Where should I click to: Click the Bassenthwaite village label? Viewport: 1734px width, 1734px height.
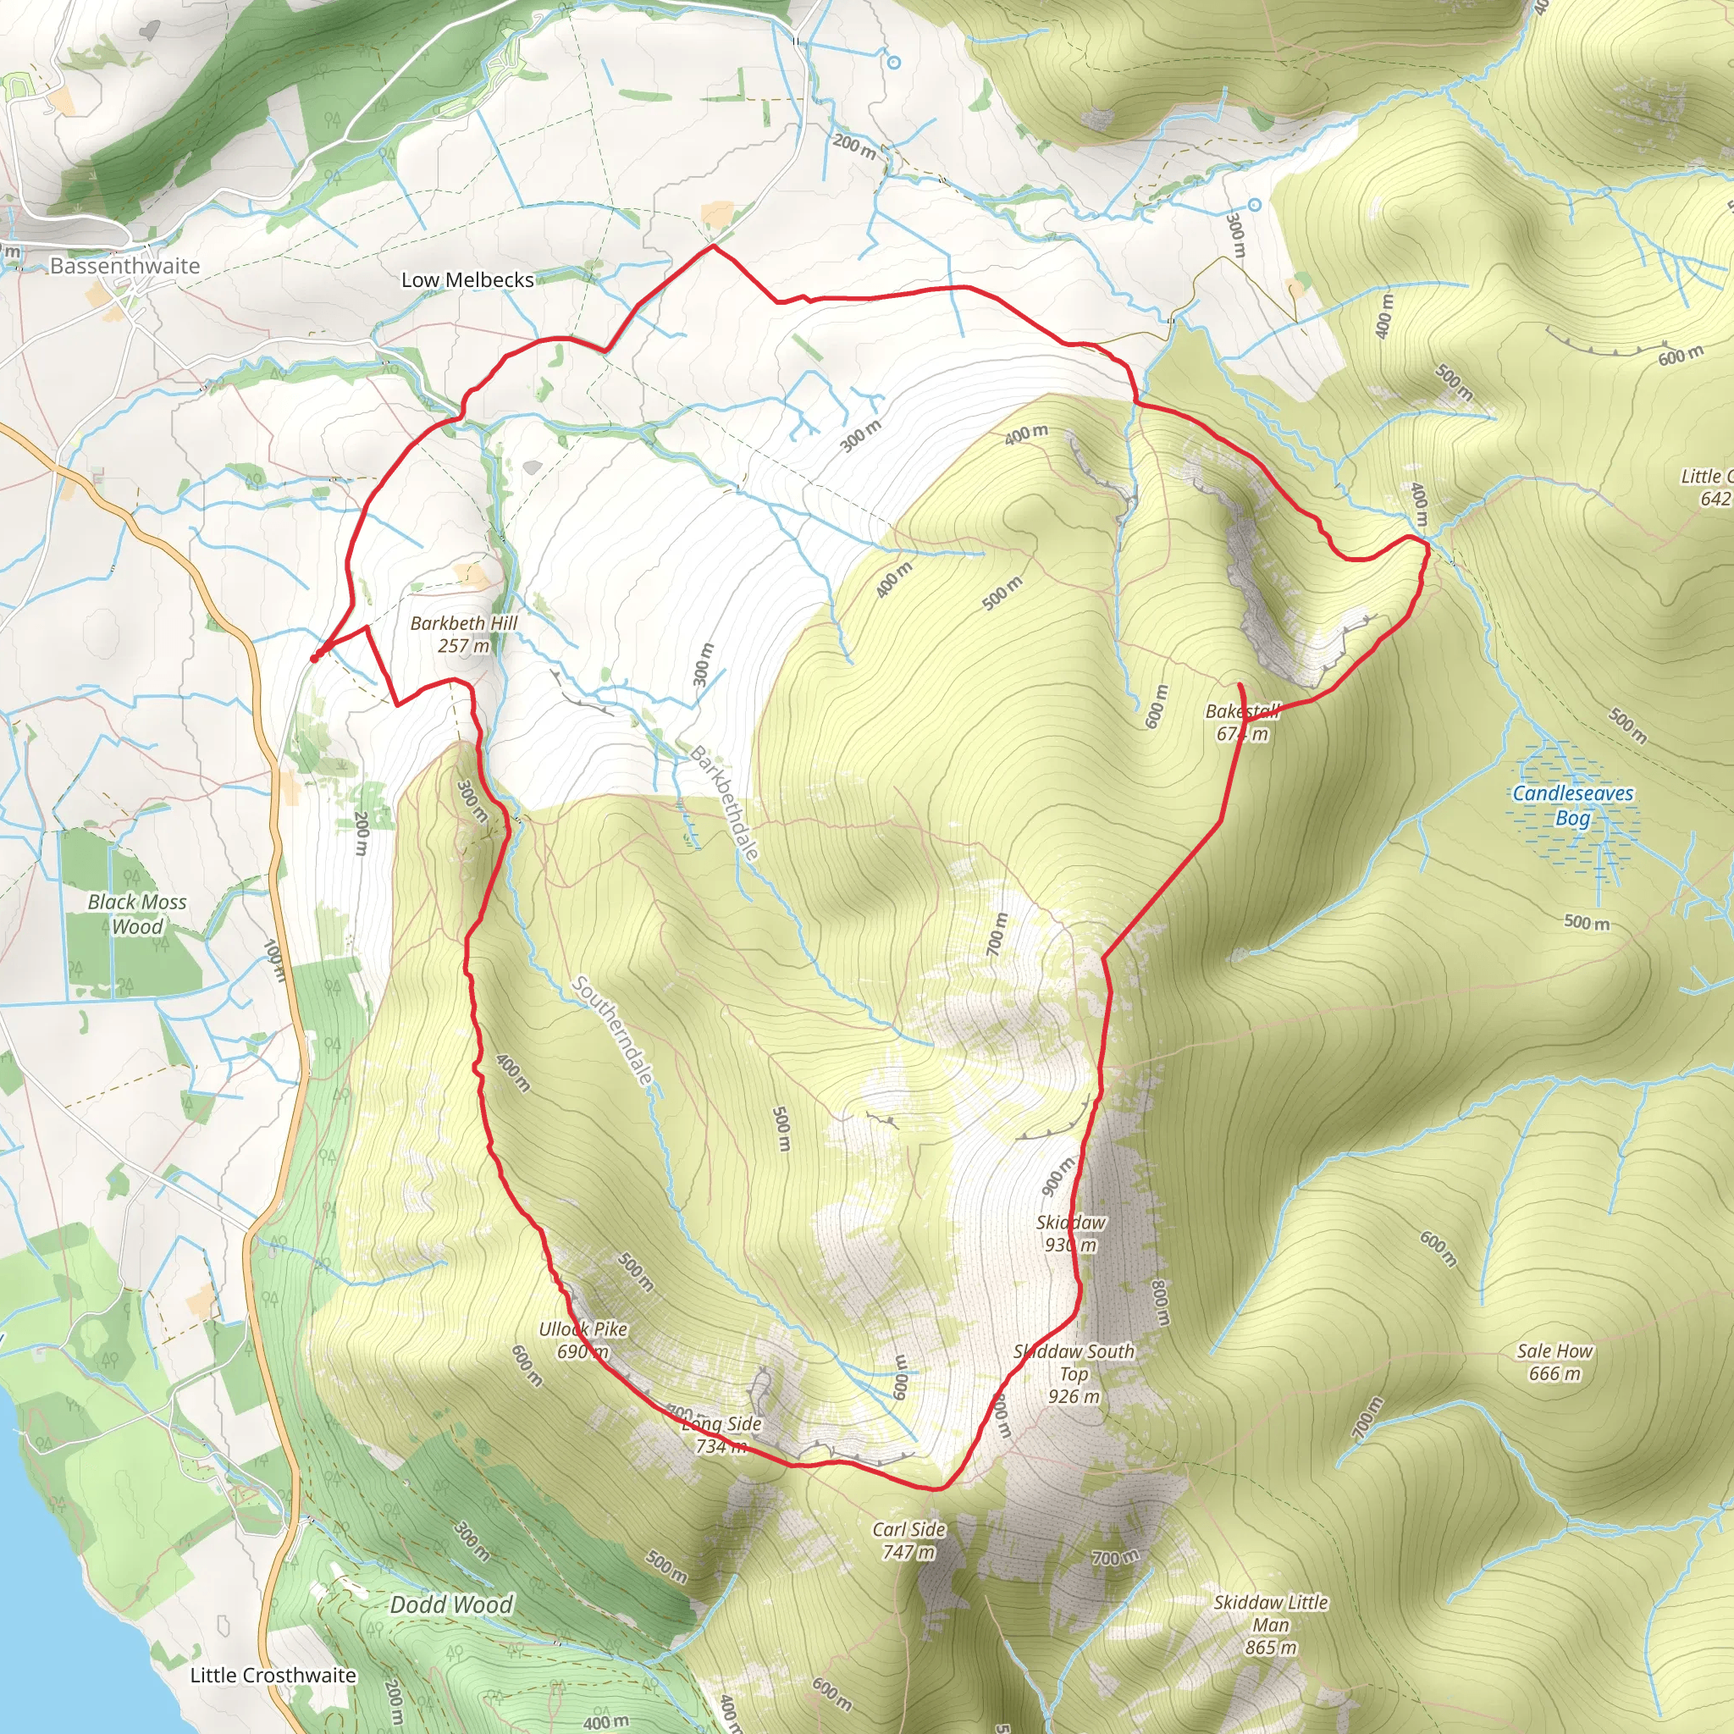pos(124,266)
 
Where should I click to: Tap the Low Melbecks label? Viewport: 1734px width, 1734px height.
pos(467,280)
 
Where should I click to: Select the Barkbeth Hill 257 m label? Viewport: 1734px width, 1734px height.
pos(464,633)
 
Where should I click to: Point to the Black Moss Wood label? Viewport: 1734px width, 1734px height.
pos(137,914)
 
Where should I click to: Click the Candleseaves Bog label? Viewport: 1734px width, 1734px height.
pos(1572,805)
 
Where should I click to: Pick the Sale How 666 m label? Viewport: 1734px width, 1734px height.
pos(1555,1361)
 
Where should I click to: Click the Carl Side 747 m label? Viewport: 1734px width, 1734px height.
pos(908,1540)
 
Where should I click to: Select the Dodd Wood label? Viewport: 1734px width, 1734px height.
pos(451,1604)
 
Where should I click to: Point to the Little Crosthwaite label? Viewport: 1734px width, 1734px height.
pos(273,1675)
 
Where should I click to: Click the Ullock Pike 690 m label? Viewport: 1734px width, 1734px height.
pos(583,1340)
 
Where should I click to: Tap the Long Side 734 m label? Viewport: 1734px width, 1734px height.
pos(721,1434)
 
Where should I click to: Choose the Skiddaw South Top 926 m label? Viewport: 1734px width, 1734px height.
pos(1074,1373)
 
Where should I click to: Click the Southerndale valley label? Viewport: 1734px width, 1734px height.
pos(612,1030)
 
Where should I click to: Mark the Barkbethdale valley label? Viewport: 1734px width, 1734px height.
pos(723,803)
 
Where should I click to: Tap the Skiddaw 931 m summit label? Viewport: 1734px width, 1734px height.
pos(1071,1233)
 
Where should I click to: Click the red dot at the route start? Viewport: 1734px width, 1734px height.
pos(314,658)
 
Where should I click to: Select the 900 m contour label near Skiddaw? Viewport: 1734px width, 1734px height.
pos(1058,1176)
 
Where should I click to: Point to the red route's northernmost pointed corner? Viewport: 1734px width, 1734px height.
pos(713,245)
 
